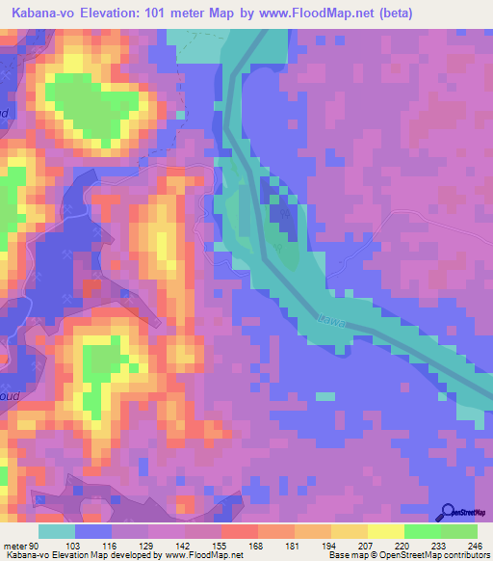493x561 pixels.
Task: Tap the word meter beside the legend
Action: click(16, 547)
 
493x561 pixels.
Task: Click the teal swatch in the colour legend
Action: click(56, 531)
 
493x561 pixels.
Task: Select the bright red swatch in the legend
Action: click(239, 531)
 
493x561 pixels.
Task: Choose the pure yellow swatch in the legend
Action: click(385, 531)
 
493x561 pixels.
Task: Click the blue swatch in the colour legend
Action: click(92, 531)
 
